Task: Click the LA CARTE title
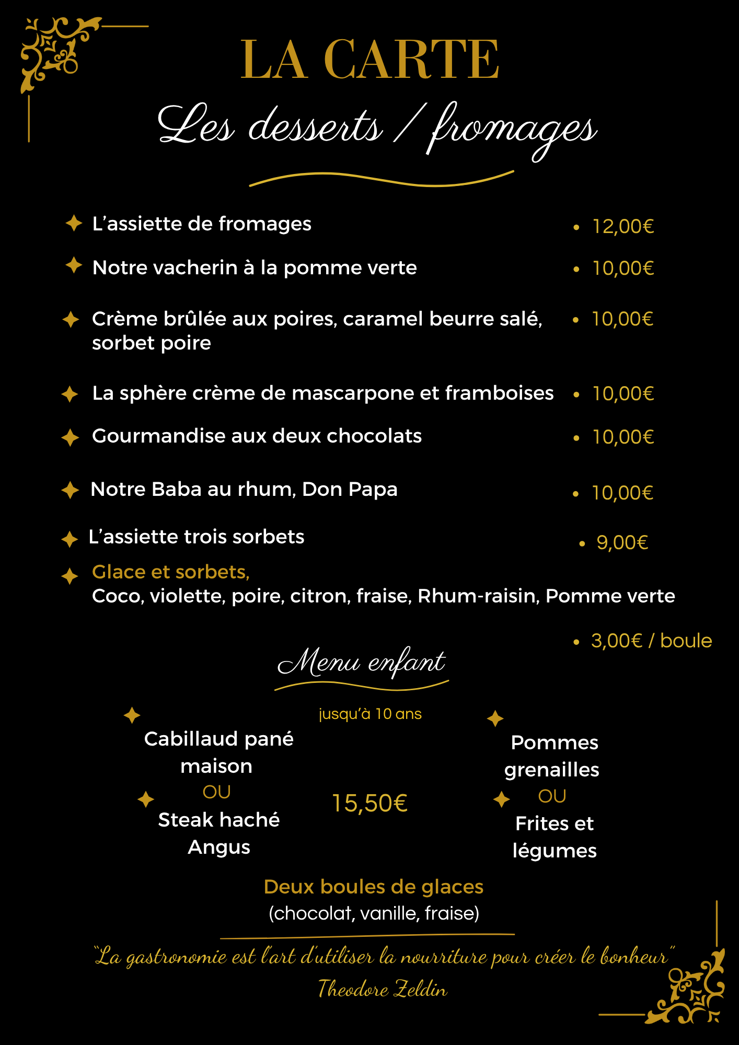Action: coord(369,60)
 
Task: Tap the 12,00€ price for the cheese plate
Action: coord(622,226)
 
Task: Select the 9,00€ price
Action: coord(622,543)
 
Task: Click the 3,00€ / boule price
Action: coord(651,641)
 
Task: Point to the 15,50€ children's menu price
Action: coord(369,803)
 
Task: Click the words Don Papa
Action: coord(350,490)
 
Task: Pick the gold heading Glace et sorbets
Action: coord(170,572)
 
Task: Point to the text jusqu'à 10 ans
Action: coord(370,714)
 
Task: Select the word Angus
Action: coord(218,847)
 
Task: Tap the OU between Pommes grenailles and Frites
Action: coord(552,796)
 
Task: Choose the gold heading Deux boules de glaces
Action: coord(373,887)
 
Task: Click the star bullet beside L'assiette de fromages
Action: coord(74,223)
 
